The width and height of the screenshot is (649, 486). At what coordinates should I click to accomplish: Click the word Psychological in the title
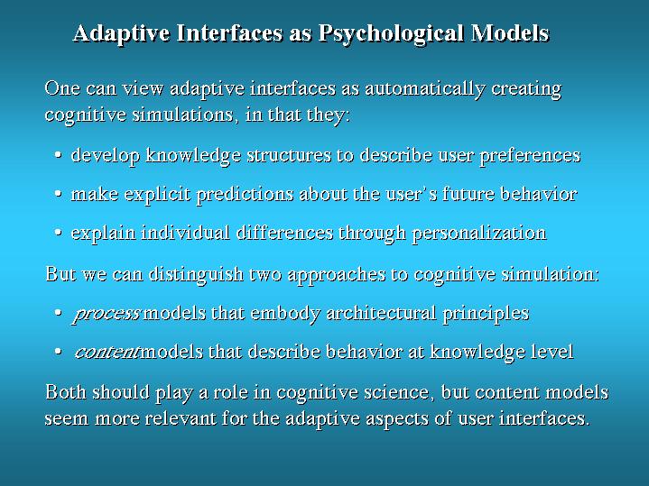(391, 34)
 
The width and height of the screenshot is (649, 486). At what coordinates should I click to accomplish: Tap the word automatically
(424, 89)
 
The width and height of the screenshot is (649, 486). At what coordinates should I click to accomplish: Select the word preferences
(530, 156)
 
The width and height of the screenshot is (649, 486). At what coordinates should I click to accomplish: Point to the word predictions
(245, 195)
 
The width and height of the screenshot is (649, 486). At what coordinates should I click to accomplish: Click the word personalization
(479, 234)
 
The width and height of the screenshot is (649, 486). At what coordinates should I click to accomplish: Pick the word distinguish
(196, 275)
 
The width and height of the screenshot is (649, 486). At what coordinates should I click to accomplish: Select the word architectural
(381, 313)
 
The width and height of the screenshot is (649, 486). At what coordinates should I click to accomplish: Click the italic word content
(107, 353)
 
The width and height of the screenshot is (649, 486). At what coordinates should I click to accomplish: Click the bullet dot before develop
(58, 156)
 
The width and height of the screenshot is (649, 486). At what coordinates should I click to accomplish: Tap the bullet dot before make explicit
(58, 195)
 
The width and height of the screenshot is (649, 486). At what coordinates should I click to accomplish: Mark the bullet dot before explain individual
(58, 234)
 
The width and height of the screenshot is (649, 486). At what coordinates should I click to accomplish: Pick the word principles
(486, 314)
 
